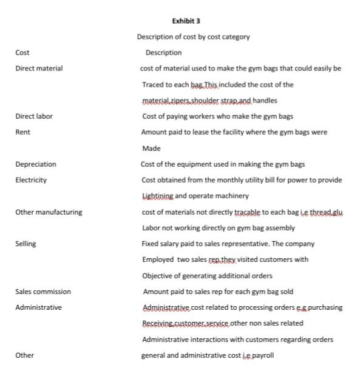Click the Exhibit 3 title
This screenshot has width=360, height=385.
coord(186,21)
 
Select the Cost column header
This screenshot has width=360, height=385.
coord(22,53)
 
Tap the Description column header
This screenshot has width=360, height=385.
coord(163,53)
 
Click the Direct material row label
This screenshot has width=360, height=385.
coord(39,69)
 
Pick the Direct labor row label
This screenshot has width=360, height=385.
coord(34,116)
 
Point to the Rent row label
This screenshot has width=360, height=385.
coord(22,132)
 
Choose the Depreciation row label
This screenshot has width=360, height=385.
coord(36,164)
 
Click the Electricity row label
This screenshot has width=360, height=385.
coord(31,179)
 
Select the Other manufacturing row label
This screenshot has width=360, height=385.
coord(49,212)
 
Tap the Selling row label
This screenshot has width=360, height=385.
coord(25,244)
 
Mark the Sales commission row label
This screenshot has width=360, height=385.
coord(43,292)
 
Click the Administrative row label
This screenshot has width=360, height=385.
coord(38,307)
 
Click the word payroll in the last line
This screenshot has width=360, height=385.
coord(262,355)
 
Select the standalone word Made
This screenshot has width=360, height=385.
coord(151,148)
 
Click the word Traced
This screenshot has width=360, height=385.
coord(153,84)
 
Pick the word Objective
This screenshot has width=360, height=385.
coord(158,276)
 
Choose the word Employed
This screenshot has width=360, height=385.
coord(158,259)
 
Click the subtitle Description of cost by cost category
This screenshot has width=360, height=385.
coord(193,37)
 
